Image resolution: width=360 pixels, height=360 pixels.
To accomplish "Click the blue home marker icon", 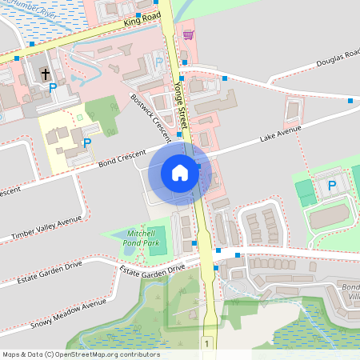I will click(180, 172).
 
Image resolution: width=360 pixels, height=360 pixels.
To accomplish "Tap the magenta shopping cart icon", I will click(188, 34).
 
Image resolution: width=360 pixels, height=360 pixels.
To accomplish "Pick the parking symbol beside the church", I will click(53, 86).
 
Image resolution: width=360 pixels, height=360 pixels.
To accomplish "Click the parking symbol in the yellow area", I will click(86, 142).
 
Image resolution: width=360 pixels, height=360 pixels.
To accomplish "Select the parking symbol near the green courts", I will click(333, 186).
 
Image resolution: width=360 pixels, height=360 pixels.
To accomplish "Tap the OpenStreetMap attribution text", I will click(81, 354).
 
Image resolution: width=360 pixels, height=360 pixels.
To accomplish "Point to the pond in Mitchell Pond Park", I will click(129, 250).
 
